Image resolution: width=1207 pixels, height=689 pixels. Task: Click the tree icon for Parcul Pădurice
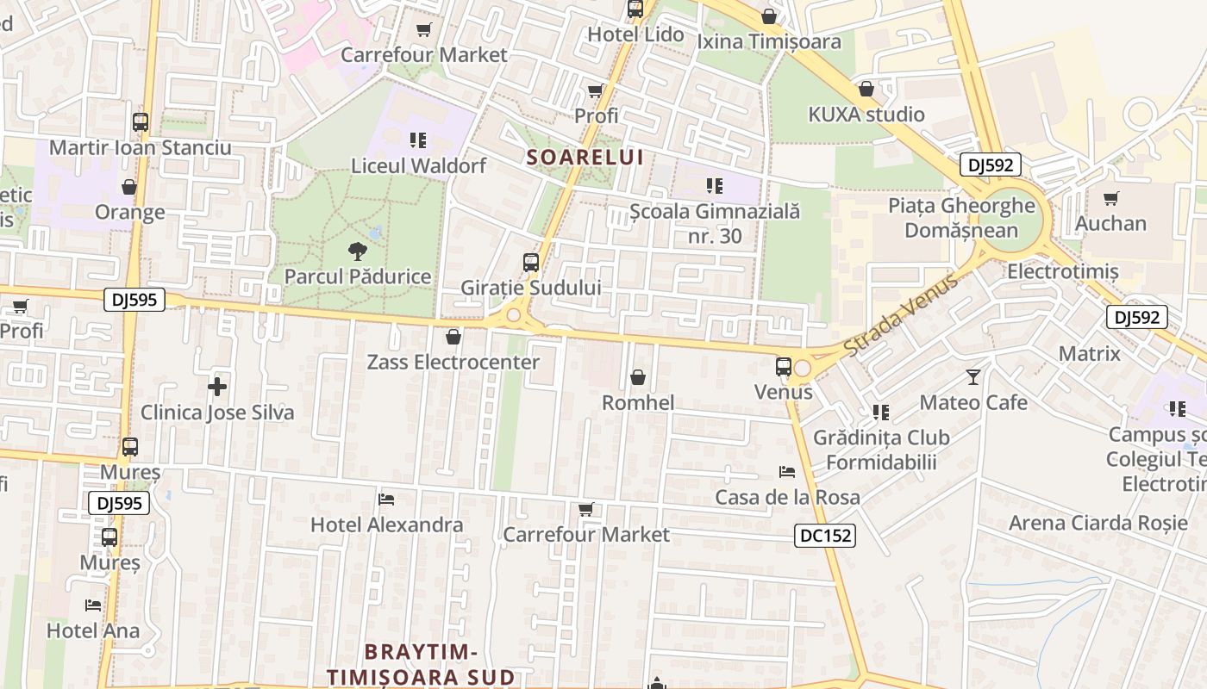click(357, 251)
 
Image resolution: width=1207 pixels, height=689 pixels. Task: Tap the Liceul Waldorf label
click(418, 165)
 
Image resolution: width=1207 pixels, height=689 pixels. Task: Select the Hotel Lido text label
click(635, 34)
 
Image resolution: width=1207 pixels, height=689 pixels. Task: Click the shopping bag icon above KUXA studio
click(866, 90)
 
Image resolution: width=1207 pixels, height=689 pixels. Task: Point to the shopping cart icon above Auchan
click(1111, 199)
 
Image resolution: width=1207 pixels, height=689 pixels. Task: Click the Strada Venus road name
click(900, 315)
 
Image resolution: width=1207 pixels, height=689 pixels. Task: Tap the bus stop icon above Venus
click(783, 367)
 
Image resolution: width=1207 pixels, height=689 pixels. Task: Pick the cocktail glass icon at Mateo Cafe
click(973, 377)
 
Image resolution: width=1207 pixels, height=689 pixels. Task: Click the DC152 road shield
click(824, 536)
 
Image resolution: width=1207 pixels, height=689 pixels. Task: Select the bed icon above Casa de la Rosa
click(787, 472)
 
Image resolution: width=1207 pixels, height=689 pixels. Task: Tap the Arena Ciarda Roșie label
click(1098, 523)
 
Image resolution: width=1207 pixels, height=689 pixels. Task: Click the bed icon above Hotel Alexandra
click(386, 500)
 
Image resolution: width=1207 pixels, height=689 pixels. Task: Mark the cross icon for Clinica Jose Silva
click(217, 387)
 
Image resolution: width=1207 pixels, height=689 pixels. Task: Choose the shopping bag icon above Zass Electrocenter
click(453, 337)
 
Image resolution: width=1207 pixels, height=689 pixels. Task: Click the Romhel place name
click(638, 402)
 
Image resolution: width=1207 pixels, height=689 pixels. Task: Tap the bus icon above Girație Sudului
click(531, 263)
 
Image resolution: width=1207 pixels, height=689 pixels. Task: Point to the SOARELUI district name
click(585, 157)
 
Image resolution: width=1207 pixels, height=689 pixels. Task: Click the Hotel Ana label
click(93, 630)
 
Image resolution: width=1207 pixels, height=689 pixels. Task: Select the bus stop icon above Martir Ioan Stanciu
click(141, 122)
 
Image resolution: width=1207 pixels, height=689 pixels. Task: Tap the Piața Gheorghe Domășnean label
click(961, 218)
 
